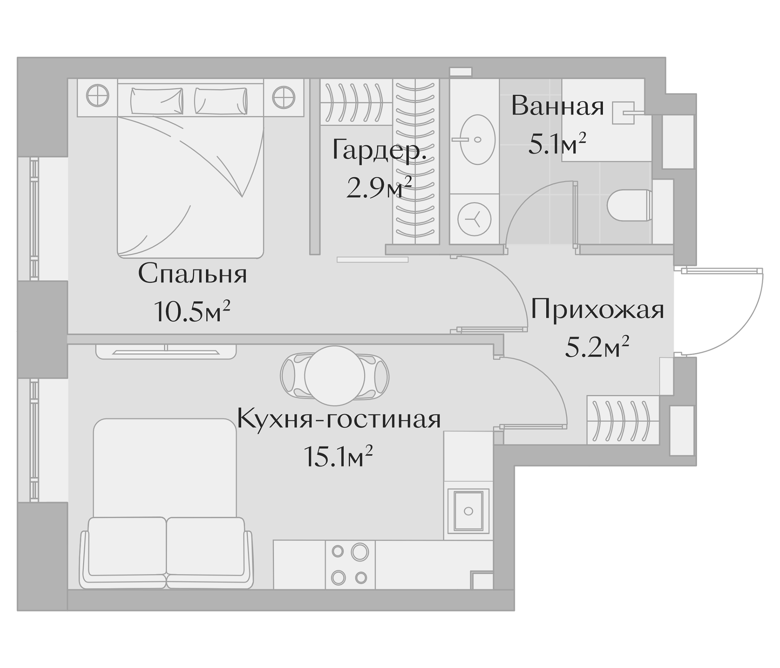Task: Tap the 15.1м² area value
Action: (x=338, y=456)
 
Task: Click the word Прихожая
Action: (x=597, y=311)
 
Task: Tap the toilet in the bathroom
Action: (x=629, y=205)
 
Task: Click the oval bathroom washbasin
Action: (x=477, y=140)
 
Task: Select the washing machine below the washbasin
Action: (x=474, y=219)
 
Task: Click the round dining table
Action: (x=335, y=376)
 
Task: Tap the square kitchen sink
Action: (x=468, y=510)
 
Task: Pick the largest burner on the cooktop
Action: (x=360, y=552)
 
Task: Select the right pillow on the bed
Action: (x=221, y=101)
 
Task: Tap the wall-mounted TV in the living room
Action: (x=166, y=353)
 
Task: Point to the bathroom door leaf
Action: (x=575, y=215)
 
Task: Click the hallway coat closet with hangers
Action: (x=623, y=420)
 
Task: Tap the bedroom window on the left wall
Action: (x=34, y=218)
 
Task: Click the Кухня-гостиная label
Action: (x=339, y=419)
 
